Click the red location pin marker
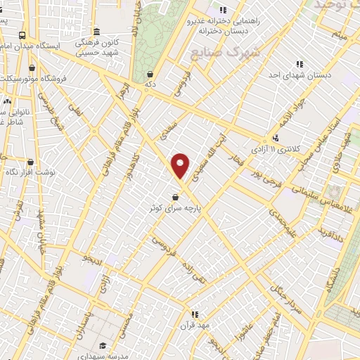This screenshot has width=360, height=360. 181,165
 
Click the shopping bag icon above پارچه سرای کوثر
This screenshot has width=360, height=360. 174,198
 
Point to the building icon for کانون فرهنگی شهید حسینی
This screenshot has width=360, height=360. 96,32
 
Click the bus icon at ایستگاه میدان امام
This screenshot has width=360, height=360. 23,35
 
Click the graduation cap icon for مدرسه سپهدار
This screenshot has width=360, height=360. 103,345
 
